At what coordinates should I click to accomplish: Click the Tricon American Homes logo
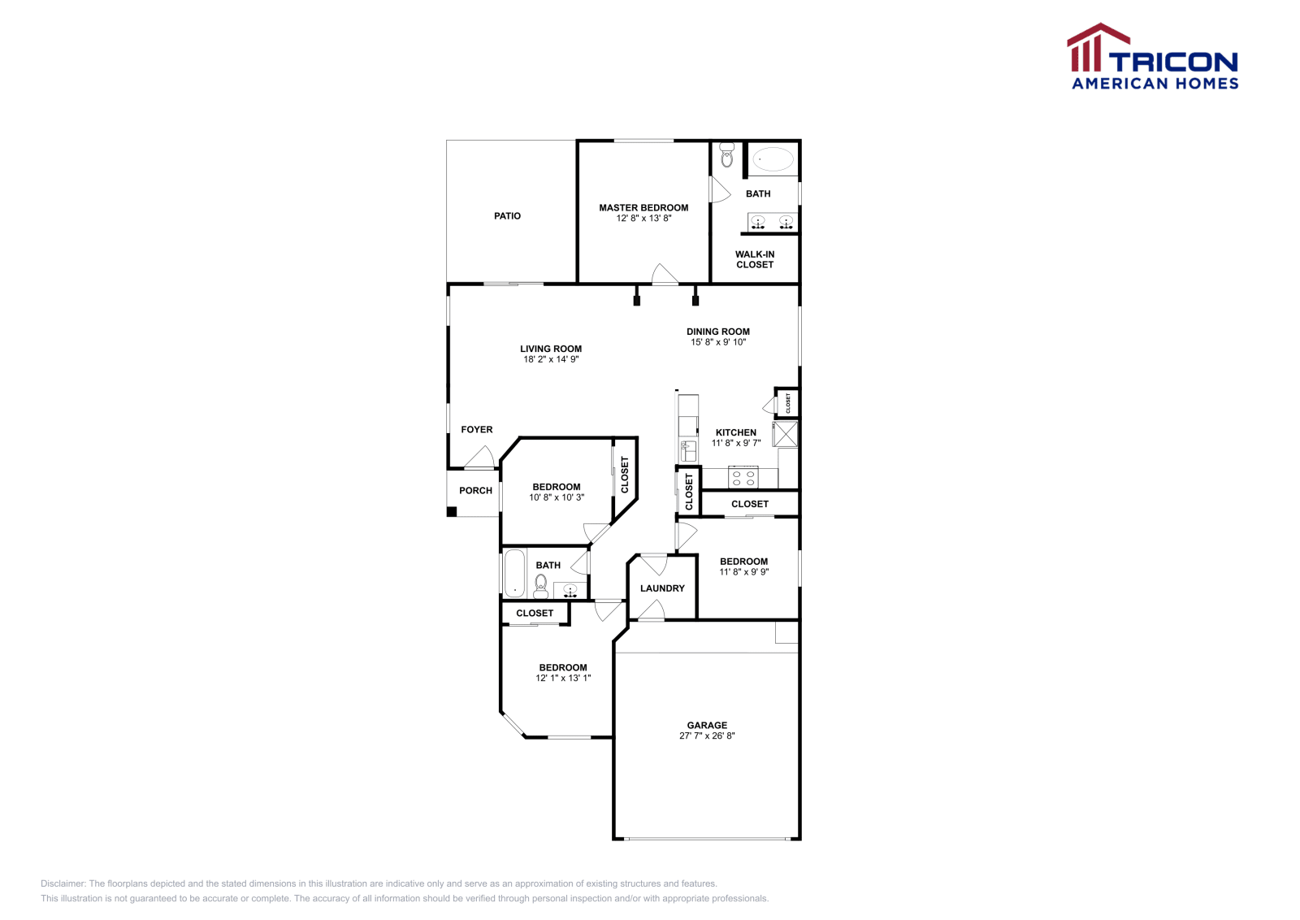point(1153,57)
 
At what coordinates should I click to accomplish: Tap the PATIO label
point(507,216)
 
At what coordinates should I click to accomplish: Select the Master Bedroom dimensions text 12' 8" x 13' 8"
point(643,219)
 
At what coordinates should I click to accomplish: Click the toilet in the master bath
point(726,155)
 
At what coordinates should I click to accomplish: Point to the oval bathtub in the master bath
point(772,159)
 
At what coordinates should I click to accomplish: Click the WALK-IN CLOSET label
point(755,259)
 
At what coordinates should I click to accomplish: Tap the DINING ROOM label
point(718,332)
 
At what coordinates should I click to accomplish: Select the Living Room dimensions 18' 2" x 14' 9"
point(551,359)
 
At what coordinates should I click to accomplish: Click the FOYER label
point(477,430)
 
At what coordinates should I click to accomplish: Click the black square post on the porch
point(452,511)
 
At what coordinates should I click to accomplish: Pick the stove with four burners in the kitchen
point(743,477)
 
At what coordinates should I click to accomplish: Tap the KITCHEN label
point(736,433)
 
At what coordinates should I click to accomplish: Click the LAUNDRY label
point(662,588)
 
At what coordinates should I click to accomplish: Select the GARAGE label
point(707,726)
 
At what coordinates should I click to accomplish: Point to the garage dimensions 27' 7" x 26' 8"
point(707,736)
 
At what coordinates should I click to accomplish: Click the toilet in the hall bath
point(540,585)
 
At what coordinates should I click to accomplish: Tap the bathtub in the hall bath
point(514,574)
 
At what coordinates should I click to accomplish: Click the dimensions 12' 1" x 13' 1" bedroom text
point(563,678)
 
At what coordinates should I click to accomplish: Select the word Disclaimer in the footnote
point(63,883)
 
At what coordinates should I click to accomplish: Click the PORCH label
point(475,491)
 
